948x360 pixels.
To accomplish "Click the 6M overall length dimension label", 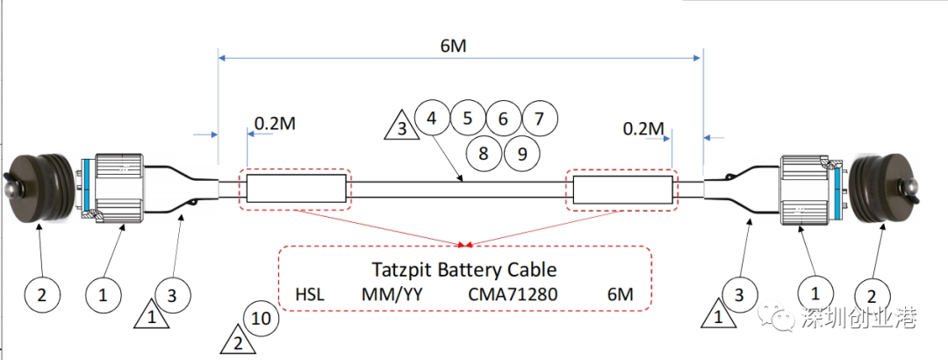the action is coord(454,46).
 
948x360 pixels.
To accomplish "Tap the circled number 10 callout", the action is coord(262,319).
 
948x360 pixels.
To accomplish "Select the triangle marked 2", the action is coord(238,340).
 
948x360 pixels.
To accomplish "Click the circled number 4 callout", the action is coord(432,117).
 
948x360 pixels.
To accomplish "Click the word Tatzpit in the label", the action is coord(400,270).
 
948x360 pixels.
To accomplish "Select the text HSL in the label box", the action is coord(310,296).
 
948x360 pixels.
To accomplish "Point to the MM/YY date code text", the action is coord(391,296).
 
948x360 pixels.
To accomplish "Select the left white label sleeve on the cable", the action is coord(297,188).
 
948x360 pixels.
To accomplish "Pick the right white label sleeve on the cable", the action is coord(622,190).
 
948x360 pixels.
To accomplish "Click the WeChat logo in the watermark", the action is coord(776,317).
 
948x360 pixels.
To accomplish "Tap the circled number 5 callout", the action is coord(467,117).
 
